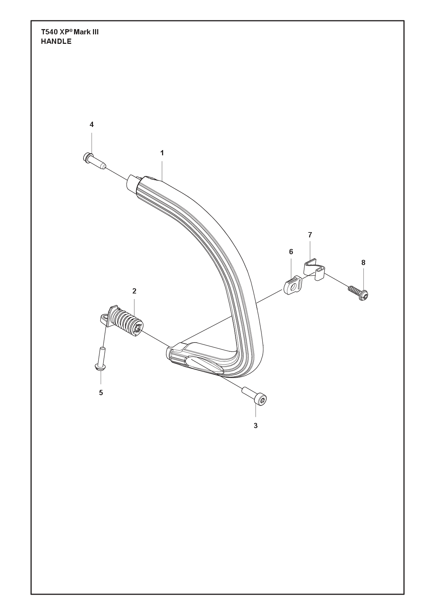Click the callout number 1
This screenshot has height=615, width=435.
(x=162, y=153)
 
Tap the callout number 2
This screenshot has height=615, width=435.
(x=134, y=291)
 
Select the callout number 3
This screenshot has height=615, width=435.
(x=255, y=426)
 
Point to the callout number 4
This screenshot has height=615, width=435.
(x=92, y=124)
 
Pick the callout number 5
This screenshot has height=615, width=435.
(x=101, y=393)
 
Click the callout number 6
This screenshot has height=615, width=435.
(x=291, y=252)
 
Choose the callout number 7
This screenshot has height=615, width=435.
(x=310, y=235)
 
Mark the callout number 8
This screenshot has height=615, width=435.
(x=363, y=263)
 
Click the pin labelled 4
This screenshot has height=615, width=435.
(x=94, y=161)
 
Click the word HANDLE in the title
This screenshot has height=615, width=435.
(x=56, y=41)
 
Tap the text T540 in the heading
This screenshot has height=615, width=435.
(x=49, y=32)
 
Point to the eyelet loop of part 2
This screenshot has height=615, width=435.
(x=103, y=318)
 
